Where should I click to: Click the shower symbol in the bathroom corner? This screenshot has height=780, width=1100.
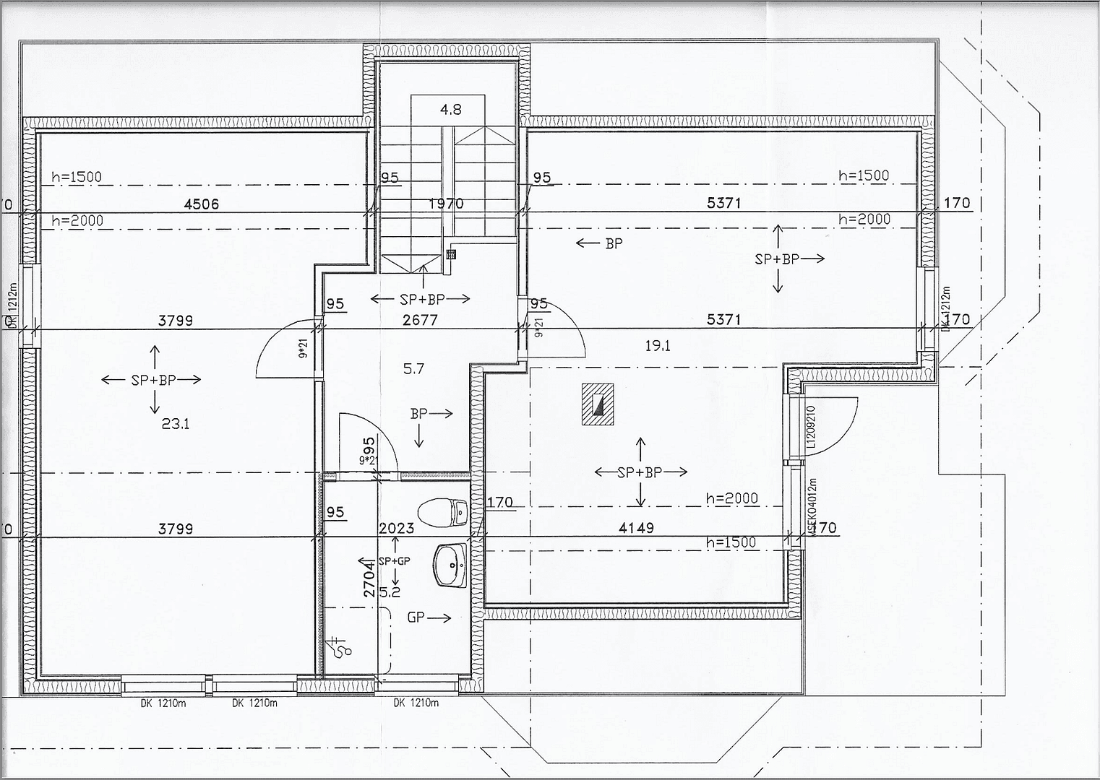[339, 646]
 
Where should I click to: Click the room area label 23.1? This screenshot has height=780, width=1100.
[175, 424]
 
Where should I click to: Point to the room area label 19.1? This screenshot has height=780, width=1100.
[657, 346]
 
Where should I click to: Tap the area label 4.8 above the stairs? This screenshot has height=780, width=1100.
[450, 110]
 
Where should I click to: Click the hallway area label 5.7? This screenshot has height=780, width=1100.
[413, 369]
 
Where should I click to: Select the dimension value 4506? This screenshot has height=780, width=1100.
[201, 204]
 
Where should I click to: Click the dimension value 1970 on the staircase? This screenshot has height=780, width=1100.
[446, 204]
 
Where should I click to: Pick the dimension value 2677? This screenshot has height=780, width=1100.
[419, 319]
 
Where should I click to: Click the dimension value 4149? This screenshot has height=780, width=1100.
[636, 528]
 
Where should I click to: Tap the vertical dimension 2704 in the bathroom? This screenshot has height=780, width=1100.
[369, 578]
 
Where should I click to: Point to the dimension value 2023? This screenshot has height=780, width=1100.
[396, 528]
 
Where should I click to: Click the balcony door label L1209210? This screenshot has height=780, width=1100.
[810, 427]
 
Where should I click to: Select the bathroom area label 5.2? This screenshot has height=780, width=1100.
[389, 592]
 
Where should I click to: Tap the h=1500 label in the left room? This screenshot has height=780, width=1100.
[77, 177]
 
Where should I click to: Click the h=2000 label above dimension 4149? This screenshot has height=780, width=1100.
[731, 498]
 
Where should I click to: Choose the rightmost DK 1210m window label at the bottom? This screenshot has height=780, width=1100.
[416, 703]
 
